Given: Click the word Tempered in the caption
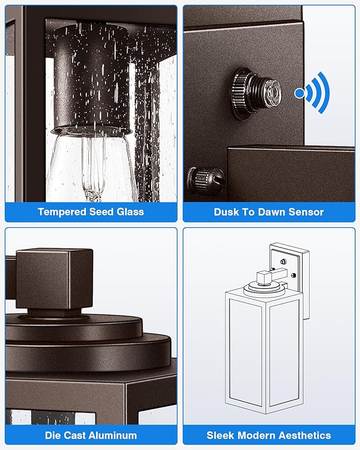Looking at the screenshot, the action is point(62,212).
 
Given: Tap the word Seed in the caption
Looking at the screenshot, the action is point(101,212).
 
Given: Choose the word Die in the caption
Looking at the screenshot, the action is point(53,435).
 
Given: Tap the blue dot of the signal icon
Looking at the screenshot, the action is point(299,93).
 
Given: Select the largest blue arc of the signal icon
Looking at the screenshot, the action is point(324,93).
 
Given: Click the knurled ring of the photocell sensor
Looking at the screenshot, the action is point(242,94).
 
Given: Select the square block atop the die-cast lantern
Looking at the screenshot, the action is point(54,279).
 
